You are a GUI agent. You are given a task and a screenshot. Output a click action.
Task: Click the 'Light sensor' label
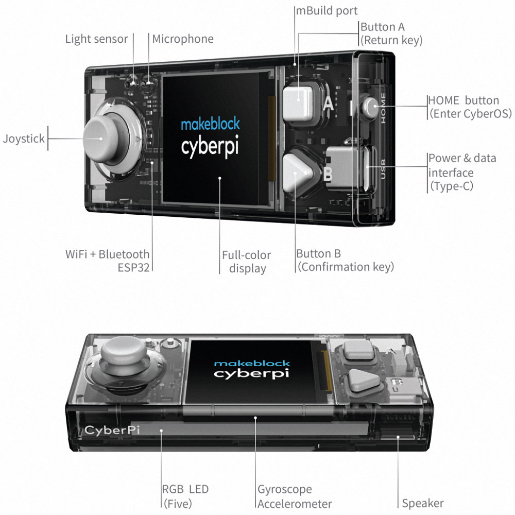click(x=96, y=39)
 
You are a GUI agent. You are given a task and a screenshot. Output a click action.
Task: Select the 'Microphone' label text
click(x=182, y=39)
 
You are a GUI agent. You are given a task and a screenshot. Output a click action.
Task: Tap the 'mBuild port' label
click(x=327, y=10)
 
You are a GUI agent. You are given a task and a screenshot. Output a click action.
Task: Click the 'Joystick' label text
click(x=24, y=139)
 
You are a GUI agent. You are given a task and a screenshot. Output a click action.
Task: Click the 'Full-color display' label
click(x=247, y=261)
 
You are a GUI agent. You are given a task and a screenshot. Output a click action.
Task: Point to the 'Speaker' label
click(x=423, y=503)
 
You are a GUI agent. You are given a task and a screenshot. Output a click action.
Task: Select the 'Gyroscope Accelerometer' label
click(x=294, y=496)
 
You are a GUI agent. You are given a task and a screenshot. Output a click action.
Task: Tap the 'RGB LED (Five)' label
click(x=185, y=496)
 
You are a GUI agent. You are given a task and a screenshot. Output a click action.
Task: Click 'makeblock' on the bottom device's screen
click(x=252, y=363)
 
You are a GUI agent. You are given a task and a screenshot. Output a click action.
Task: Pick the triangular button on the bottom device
click(x=363, y=380)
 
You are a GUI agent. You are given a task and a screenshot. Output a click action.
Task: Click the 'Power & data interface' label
click(x=462, y=172)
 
